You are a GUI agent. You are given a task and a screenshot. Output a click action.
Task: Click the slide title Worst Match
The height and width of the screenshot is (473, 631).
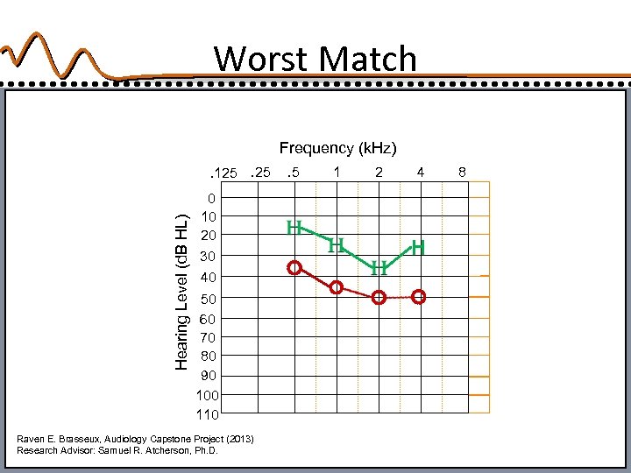pyautogui.click(x=315, y=59)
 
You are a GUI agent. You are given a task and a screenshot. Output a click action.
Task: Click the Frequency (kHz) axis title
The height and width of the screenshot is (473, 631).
pyautogui.click(x=337, y=148)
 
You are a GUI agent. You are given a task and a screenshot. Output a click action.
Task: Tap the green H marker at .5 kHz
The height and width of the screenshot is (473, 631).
pyautogui.click(x=294, y=228)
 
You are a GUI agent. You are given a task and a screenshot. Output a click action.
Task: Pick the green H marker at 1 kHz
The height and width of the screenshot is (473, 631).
pyautogui.click(x=336, y=246)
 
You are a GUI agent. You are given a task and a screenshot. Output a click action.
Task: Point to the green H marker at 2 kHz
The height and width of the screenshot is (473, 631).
pyautogui.click(x=378, y=268)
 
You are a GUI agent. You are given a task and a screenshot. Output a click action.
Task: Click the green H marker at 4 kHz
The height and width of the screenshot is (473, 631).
pyautogui.click(x=419, y=248)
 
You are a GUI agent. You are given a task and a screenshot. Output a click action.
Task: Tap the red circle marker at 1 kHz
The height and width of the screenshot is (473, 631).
pyautogui.click(x=336, y=287)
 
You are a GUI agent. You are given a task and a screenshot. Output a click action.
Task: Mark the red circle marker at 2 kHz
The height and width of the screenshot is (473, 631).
pyautogui.click(x=378, y=298)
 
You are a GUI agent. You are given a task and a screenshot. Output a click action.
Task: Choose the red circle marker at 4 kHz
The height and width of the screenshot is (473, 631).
pyautogui.click(x=419, y=297)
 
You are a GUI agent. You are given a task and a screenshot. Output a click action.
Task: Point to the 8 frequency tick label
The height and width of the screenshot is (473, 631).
pyautogui.click(x=462, y=172)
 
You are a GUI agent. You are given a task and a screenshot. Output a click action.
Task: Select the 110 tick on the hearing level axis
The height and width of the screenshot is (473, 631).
pyautogui.click(x=208, y=413)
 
